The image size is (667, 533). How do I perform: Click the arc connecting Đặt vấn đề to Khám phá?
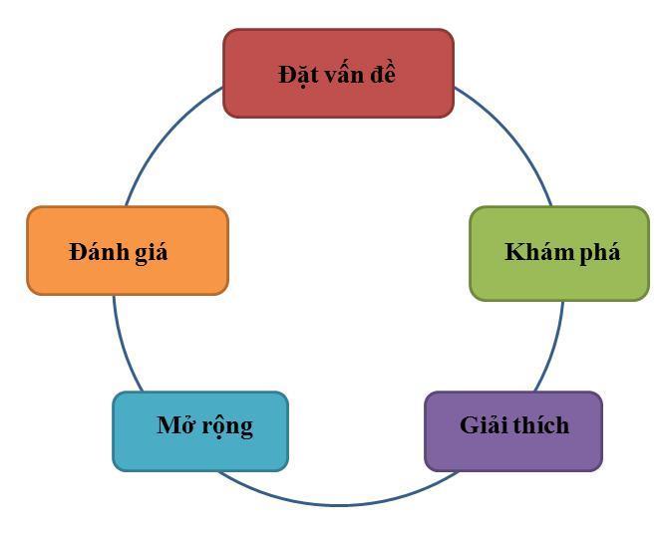[x=513, y=134]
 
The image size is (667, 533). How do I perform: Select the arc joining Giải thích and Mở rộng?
[x=339, y=504]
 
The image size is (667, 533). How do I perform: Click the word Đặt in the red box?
[x=294, y=75]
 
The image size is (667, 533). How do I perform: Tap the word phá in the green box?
[x=599, y=252]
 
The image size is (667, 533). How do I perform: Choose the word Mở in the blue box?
[x=175, y=426]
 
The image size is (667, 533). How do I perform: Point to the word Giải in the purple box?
[x=485, y=425]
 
